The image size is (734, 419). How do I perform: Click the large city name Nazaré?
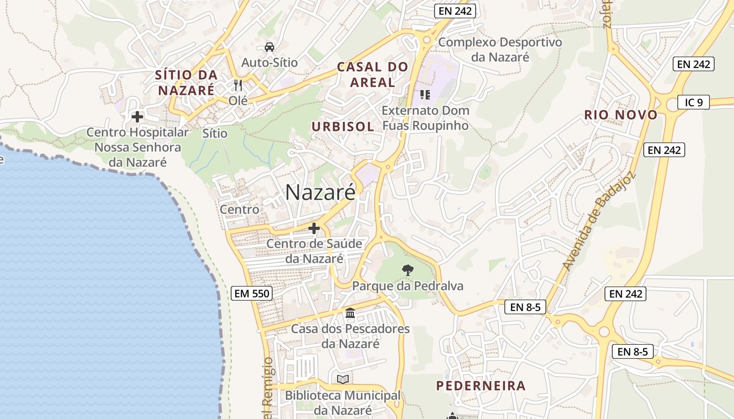pos(320,192)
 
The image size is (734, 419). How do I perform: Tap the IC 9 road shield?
pos(693,102)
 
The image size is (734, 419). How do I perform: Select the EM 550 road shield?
pos(252,293)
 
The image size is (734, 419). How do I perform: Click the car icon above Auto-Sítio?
pos(269,47)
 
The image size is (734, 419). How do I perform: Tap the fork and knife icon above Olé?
pos(238,85)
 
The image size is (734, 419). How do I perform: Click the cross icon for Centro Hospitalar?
pos(137,117)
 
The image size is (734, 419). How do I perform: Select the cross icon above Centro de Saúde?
pos(314,228)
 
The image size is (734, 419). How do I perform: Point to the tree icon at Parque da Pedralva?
pos(407,270)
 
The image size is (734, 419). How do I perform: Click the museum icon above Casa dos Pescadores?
pos(350,313)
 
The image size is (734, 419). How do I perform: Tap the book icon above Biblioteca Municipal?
pos(343,379)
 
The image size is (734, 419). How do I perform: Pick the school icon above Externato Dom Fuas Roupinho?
pos(425,95)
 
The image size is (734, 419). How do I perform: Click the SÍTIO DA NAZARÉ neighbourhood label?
pos(186,82)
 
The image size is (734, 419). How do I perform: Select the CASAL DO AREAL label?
pos(372,74)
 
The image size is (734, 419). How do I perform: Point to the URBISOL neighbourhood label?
pos(343,126)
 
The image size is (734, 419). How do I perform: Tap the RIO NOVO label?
pos(621,115)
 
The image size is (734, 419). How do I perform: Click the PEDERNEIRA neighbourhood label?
pos(481,386)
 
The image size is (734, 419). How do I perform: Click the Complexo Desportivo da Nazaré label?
pos(500,49)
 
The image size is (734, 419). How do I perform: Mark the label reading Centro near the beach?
pos(240,210)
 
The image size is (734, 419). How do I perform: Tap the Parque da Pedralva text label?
pos(408,286)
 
